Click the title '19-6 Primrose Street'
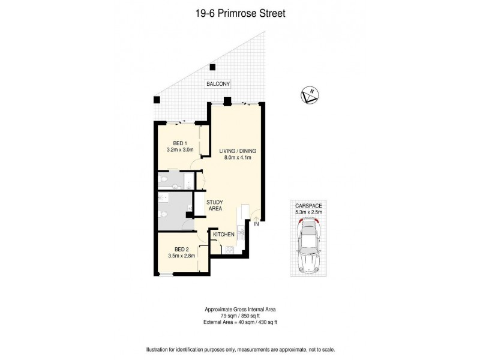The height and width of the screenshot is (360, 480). pos(239,11)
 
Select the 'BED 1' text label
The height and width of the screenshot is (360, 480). pos(180,143)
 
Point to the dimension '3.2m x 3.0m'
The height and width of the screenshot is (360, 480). pos(180,150)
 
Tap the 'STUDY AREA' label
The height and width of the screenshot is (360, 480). pos(215,206)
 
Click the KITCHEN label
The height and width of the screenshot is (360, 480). pos(223,235)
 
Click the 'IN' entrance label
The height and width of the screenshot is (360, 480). pos(256,224)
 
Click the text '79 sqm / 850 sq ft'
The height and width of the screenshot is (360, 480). pos(239,316)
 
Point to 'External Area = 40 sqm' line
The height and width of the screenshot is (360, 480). pos(239,322)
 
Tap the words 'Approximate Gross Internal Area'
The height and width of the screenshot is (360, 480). pos(239,310)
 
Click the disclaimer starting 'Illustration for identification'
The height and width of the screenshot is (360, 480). pos(239,349)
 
